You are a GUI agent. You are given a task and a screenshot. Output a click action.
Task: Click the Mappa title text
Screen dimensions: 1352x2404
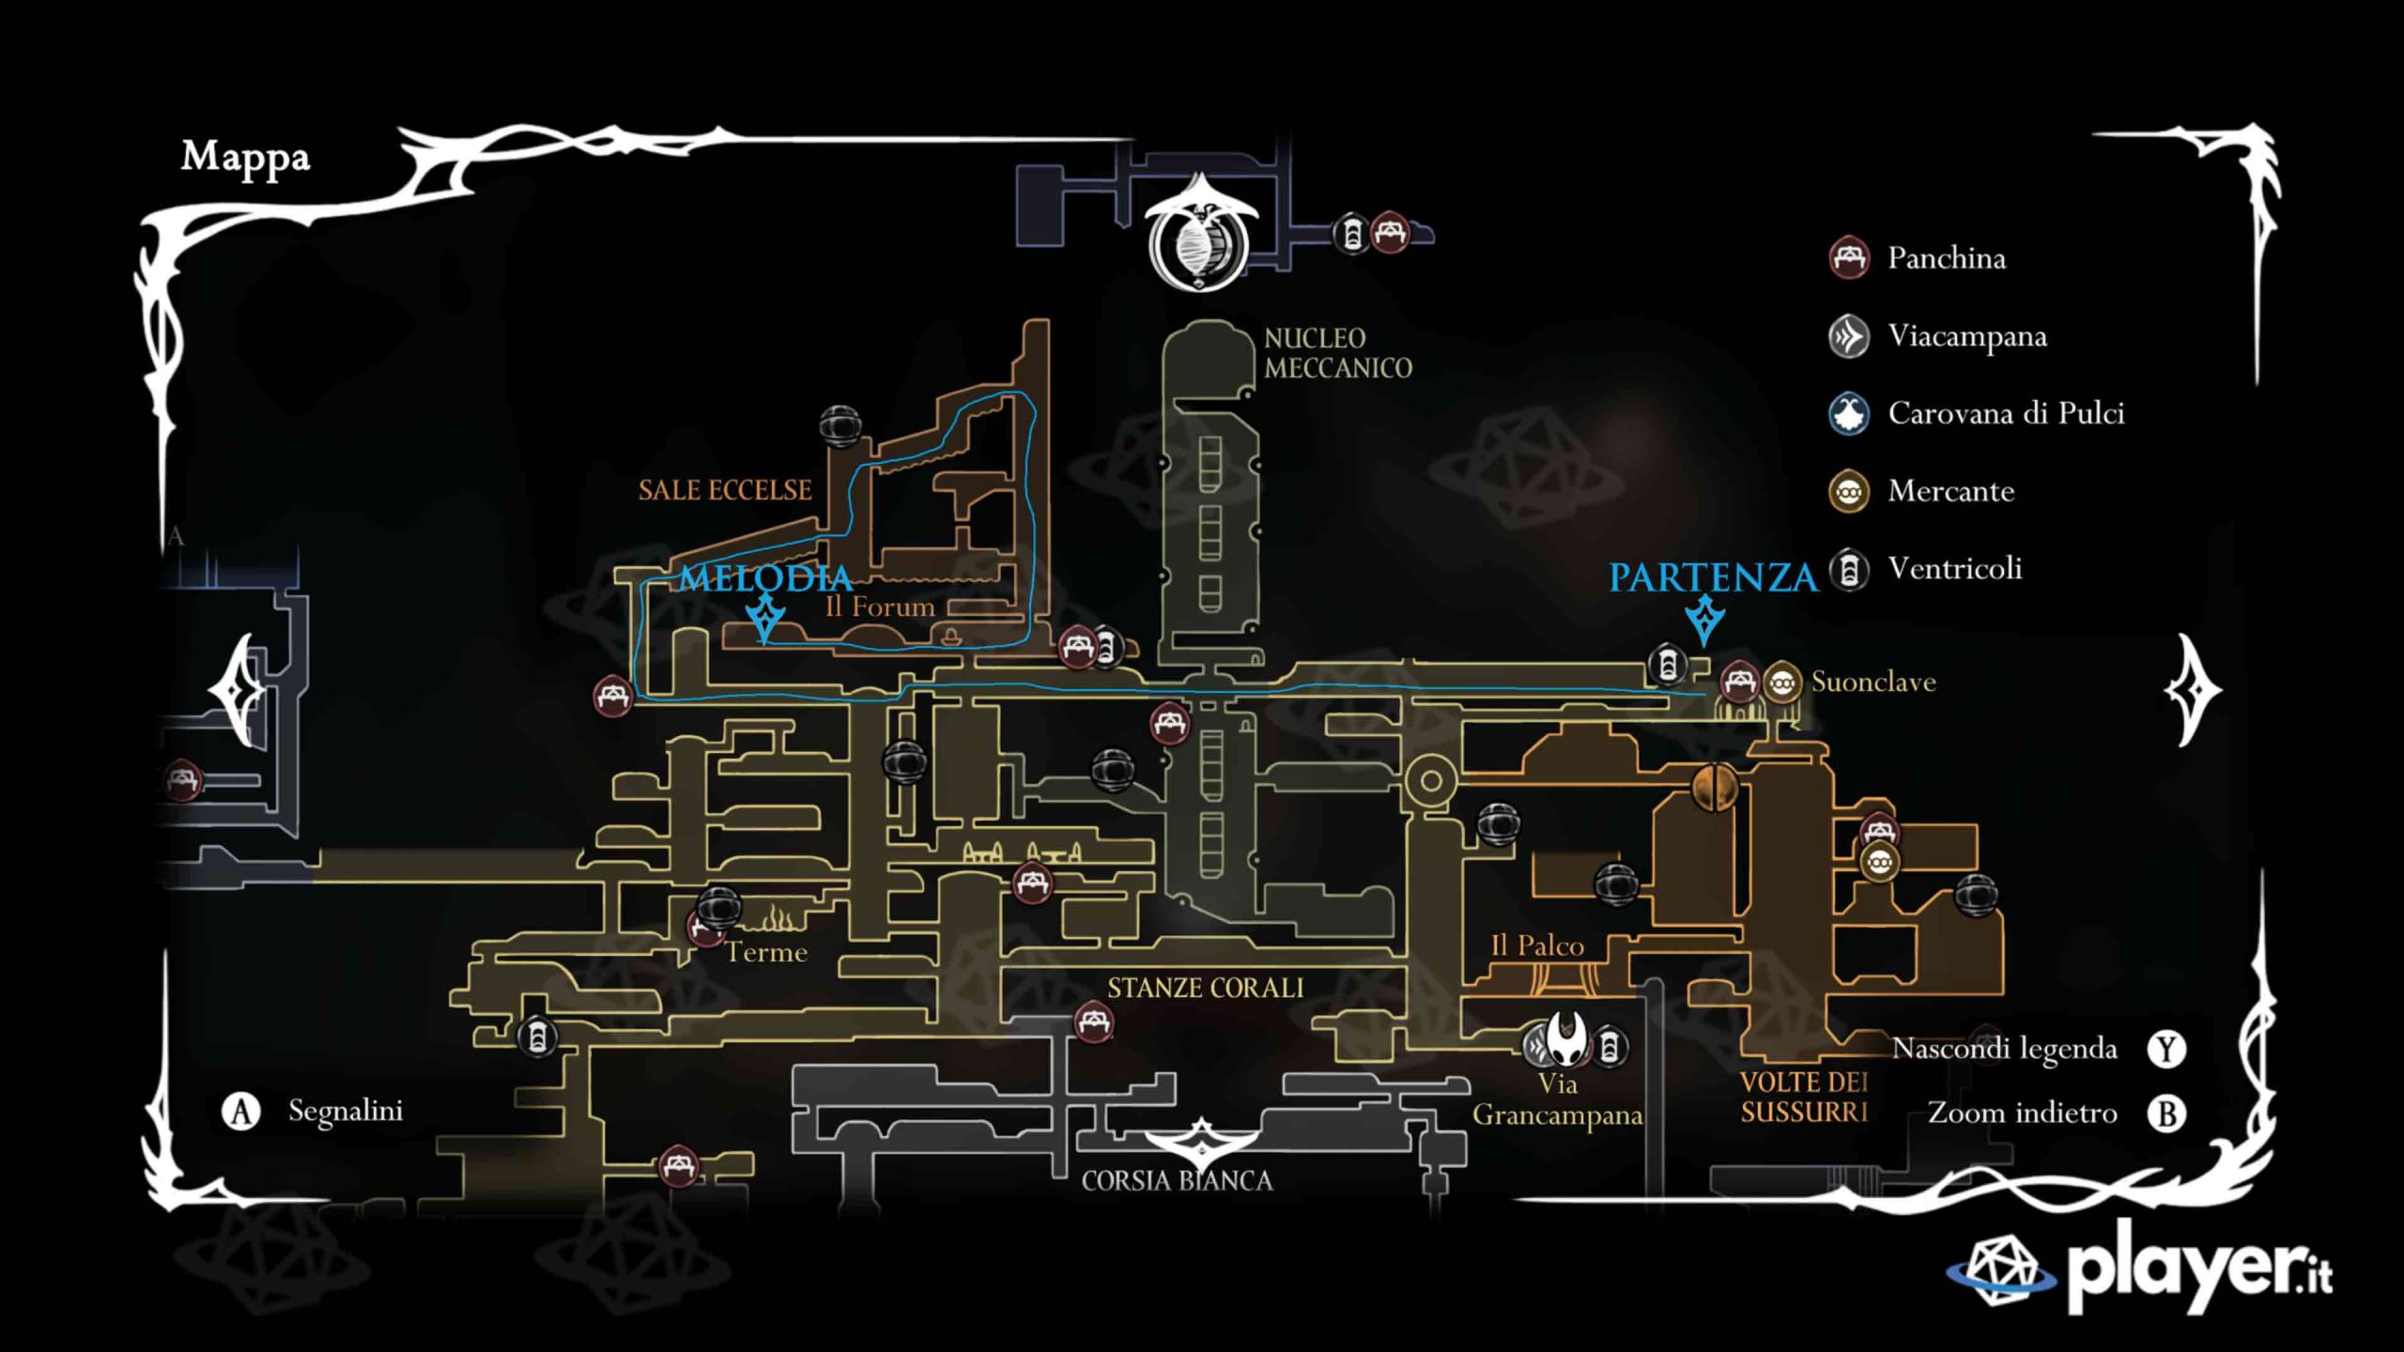[x=245, y=158]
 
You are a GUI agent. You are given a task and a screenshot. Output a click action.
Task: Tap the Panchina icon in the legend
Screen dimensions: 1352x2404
[x=1849, y=258]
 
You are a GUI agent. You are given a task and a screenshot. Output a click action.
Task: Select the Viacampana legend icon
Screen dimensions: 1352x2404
[x=1849, y=336]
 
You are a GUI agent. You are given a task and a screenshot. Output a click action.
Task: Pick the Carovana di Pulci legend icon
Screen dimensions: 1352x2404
[x=1849, y=414]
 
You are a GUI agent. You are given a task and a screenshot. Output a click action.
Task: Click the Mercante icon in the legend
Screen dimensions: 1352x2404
[x=1849, y=491]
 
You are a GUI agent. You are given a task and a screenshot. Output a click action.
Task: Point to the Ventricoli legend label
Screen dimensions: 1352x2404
[x=1954, y=569]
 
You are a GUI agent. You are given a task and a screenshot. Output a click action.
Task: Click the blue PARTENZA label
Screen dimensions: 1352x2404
[x=1713, y=577]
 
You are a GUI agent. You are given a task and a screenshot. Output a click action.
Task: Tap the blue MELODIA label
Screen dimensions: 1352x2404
[x=765, y=577]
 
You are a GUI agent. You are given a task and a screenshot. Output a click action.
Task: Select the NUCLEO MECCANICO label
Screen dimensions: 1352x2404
[x=1337, y=353]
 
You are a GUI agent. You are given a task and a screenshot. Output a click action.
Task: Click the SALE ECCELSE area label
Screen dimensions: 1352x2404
[x=725, y=490]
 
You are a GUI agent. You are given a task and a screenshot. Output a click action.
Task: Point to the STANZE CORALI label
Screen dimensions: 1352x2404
[x=1205, y=988]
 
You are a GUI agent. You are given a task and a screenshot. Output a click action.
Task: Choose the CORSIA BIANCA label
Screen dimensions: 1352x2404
[x=1177, y=1181]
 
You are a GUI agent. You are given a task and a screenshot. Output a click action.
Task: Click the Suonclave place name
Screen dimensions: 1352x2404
[x=1872, y=682]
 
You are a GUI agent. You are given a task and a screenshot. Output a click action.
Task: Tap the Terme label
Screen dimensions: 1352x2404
[x=766, y=953]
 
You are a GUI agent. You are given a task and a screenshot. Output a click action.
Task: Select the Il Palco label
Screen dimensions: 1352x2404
[x=1537, y=945]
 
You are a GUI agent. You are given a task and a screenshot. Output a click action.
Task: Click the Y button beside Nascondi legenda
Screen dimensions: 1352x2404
[x=2166, y=1049]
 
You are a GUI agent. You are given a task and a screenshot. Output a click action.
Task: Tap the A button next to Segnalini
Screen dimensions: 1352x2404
[x=240, y=1112]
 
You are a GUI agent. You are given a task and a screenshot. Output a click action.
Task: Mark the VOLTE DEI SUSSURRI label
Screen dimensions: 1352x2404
[x=1804, y=1098]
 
